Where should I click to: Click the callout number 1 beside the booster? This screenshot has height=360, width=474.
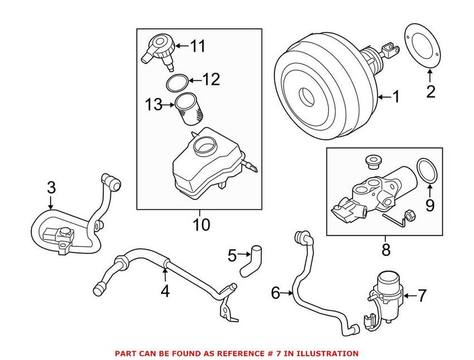tap(395, 98)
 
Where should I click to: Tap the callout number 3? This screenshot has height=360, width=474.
tap(51, 188)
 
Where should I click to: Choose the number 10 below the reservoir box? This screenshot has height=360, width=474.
tap(201, 225)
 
